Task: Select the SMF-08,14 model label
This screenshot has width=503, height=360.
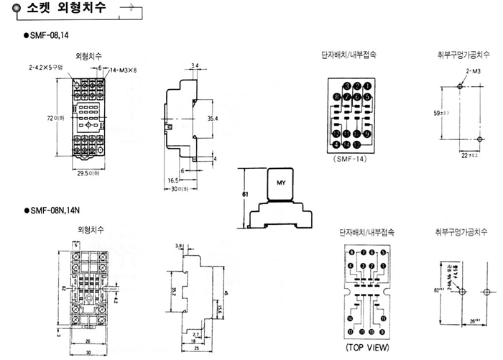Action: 51,34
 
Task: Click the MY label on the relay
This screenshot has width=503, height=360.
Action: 281,182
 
